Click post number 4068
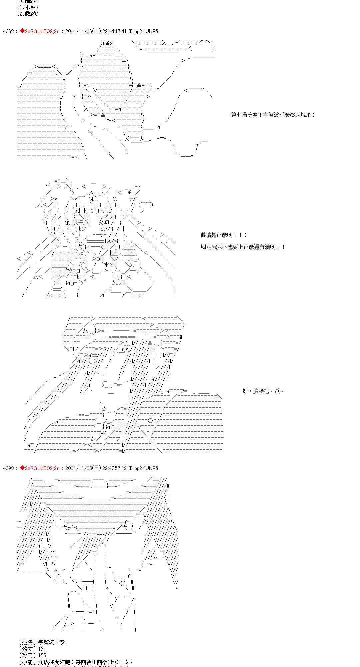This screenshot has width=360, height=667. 8,31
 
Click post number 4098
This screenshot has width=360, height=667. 8,468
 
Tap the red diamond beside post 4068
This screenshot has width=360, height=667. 22,31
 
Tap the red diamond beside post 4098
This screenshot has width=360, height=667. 22,468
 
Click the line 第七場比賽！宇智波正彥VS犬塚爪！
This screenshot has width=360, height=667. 273,115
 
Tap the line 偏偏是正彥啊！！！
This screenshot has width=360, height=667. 224,235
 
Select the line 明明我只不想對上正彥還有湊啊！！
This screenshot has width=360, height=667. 243,247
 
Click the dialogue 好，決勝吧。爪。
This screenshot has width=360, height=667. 263,391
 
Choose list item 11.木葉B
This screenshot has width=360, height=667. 27,7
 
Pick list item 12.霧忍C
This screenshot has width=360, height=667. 27,14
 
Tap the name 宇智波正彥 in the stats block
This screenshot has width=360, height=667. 51,642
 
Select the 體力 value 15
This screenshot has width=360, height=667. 41,649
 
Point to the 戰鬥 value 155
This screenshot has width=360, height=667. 42,655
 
